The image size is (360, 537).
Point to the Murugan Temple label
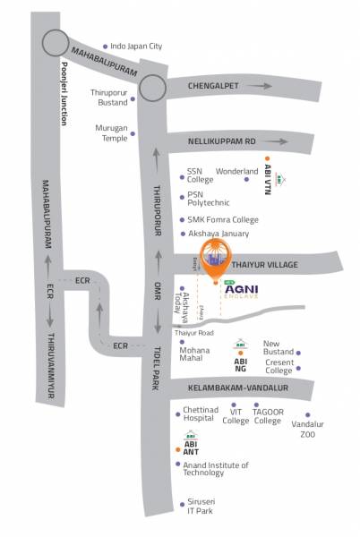[x=112, y=132]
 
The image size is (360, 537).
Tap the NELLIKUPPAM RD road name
[x=222, y=141]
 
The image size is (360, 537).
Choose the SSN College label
[x=200, y=175]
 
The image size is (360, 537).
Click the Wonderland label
[x=236, y=170]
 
